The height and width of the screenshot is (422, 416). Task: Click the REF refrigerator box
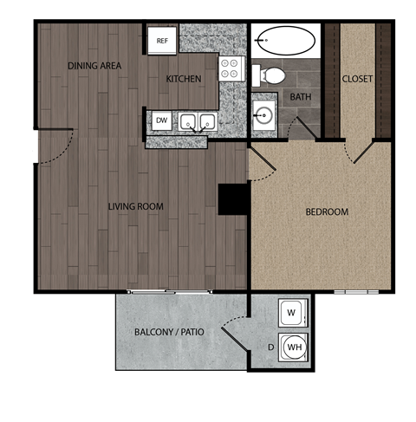[161, 41]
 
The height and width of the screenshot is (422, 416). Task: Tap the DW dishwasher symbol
[162, 120]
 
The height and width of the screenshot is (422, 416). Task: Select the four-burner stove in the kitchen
[230, 68]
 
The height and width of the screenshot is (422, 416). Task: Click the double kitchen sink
[198, 122]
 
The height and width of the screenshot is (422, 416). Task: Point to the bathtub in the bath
[285, 40]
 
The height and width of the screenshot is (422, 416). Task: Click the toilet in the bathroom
[273, 75]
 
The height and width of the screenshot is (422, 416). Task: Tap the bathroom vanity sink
[264, 114]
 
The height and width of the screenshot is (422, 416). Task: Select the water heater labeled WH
[294, 348]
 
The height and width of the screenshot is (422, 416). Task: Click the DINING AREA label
[94, 66]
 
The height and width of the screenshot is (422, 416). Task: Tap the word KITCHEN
[184, 79]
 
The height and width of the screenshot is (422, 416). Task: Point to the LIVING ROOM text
[136, 206]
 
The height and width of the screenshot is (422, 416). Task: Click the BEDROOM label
[327, 211]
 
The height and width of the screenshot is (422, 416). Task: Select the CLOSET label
[357, 79]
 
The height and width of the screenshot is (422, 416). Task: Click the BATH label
[301, 97]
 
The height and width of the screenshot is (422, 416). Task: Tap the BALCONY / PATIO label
[169, 333]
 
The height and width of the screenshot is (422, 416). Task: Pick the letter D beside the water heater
[270, 349]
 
